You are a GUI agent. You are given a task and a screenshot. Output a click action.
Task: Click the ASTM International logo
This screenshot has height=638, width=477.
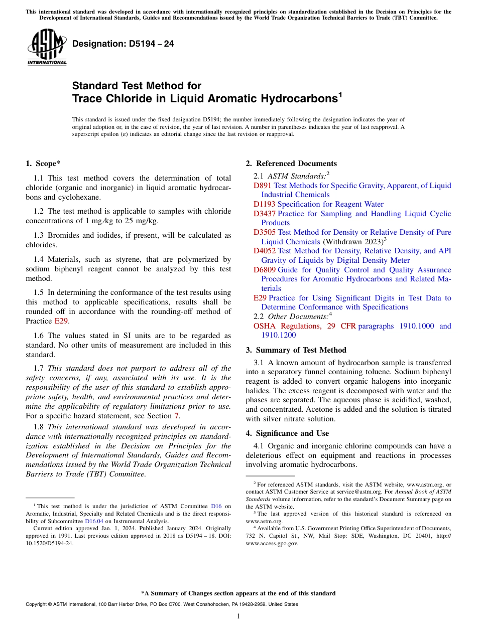coord(47,47)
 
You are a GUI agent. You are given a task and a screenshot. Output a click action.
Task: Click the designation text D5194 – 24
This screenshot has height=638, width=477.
coord(123,44)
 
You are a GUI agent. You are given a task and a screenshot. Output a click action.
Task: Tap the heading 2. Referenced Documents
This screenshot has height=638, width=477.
coord(291,164)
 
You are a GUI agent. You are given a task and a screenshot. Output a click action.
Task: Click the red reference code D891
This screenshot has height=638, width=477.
coord(263,186)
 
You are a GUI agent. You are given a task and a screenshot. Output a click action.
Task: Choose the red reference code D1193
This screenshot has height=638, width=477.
coord(265,204)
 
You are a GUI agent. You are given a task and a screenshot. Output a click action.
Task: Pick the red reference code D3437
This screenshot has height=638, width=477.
coord(265,214)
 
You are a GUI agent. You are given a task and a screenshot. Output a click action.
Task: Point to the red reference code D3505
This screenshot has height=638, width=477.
coord(265,232)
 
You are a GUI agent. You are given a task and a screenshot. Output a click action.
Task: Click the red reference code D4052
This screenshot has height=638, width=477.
coord(265,251)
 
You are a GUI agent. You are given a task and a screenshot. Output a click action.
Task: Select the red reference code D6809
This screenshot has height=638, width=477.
coord(265,270)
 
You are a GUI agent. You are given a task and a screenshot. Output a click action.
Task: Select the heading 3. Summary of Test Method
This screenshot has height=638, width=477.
coord(296,350)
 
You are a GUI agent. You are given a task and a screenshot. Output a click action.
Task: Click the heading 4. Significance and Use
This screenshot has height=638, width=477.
coord(287,433)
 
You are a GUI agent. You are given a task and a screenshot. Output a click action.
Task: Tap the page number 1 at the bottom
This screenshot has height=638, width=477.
coord(238,616)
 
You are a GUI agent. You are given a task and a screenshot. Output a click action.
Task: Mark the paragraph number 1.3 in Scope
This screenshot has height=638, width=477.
coord(39,235)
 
